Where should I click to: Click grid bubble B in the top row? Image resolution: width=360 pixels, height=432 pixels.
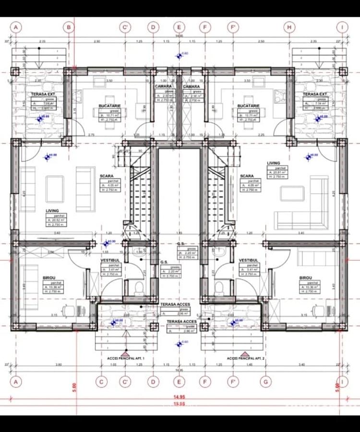click(x=69, y=27)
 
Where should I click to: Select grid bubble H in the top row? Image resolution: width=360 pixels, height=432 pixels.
click(x=289, y=27)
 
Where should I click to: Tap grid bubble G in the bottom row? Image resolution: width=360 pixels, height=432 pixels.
click(x=265, y=382)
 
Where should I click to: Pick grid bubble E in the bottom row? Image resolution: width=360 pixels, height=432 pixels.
click(x=179, y=382)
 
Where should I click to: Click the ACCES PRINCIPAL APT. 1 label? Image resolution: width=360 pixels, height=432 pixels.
click(x=126, y=359)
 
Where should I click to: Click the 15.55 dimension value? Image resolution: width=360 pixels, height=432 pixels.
click(x=179, y=404)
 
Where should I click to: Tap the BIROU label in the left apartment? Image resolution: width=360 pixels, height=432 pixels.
click(x=52, y=278)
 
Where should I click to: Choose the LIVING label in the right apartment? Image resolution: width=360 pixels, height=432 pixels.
click(x=274, y=163)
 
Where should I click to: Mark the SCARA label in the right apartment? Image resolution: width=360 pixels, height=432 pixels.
click(x=247, y=176)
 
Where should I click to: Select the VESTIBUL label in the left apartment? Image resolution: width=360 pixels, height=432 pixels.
click(x=110, y=260)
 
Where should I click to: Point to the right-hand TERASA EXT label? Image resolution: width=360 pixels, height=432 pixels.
click(x=315, y=94)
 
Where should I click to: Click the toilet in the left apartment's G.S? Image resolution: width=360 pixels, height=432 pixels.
click(x=138, y=288)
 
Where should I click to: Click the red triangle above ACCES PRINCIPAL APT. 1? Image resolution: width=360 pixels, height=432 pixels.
click(x=126, y=352)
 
